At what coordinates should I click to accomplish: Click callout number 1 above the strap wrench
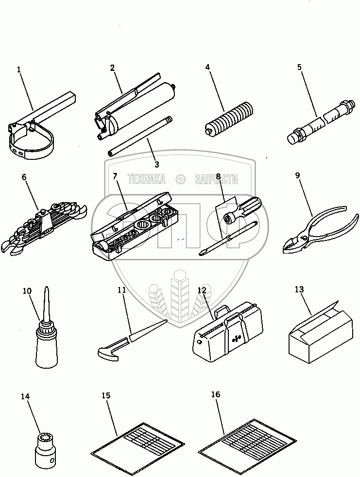click(19, 69)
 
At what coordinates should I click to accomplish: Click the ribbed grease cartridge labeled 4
click(228, 119)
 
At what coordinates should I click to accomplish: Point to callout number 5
click(300, 67)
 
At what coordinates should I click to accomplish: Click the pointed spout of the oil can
click(47, 301)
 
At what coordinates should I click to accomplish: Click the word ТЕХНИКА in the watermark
click(146, 179)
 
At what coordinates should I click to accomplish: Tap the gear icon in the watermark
click(180, 179)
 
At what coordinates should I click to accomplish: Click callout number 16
click(215, 394)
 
